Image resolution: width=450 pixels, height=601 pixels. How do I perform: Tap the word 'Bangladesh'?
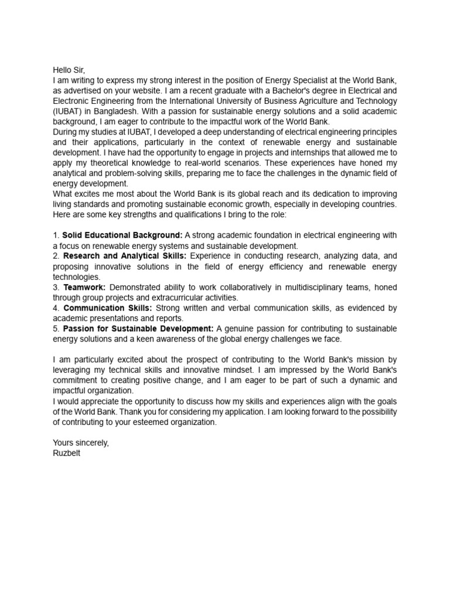pos(117,112)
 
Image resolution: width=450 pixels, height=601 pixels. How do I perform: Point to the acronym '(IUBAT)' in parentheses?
pos(68,112)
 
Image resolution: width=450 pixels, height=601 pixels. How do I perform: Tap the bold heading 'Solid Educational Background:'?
pos(122,235)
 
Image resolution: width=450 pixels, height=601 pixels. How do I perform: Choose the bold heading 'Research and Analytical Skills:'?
pos(125,256)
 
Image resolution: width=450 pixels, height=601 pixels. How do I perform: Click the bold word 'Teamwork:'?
pos(84,287)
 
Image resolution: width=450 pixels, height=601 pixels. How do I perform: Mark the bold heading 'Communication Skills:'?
pos(108,308)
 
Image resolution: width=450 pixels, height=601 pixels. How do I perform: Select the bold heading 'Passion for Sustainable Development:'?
pos(139,328)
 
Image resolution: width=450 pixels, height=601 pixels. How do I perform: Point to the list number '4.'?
pos(56,308)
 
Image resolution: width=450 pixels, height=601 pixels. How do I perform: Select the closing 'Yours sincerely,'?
pos(81,443)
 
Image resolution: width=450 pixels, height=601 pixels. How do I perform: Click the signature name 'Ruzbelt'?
pos(67,453)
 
